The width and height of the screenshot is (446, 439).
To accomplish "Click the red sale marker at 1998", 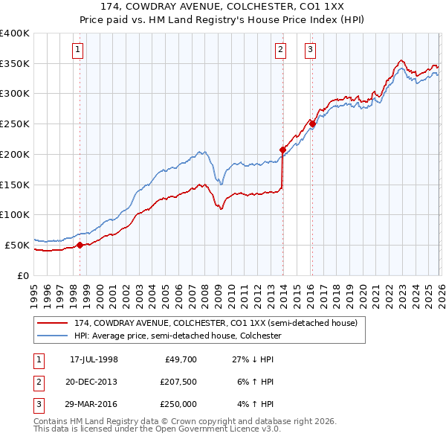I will click(80, 244).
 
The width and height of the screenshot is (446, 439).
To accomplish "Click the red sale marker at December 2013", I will click(282, 150).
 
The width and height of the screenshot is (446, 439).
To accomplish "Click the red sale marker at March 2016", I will click(312, 124).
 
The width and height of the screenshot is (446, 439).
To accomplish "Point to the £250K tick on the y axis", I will click(15, 124).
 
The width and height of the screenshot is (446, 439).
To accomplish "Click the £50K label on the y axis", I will click(17, 244).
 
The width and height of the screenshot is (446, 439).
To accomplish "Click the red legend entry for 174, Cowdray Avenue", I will click(216, 323).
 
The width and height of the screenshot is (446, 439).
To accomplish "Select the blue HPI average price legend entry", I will click(177, 336).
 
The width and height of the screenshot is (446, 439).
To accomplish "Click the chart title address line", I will click(222, 8).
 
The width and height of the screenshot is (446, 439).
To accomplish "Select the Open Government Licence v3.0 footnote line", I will click(157, 429).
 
